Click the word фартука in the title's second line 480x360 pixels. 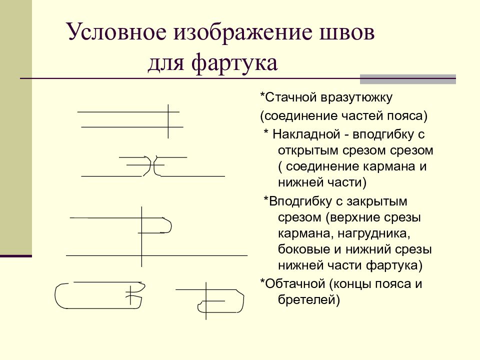coord(234,63)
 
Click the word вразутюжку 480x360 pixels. coord(356,98)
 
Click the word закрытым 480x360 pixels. coord(377,201)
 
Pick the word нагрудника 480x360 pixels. coord(374,234)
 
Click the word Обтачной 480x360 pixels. coord(295,284)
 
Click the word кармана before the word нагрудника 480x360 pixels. coord(306,234)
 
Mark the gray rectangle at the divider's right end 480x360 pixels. coord(408,79)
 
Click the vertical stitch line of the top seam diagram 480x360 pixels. coord(168,121)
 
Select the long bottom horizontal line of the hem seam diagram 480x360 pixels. coord(156,255)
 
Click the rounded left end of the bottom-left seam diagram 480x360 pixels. coord(56,295)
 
